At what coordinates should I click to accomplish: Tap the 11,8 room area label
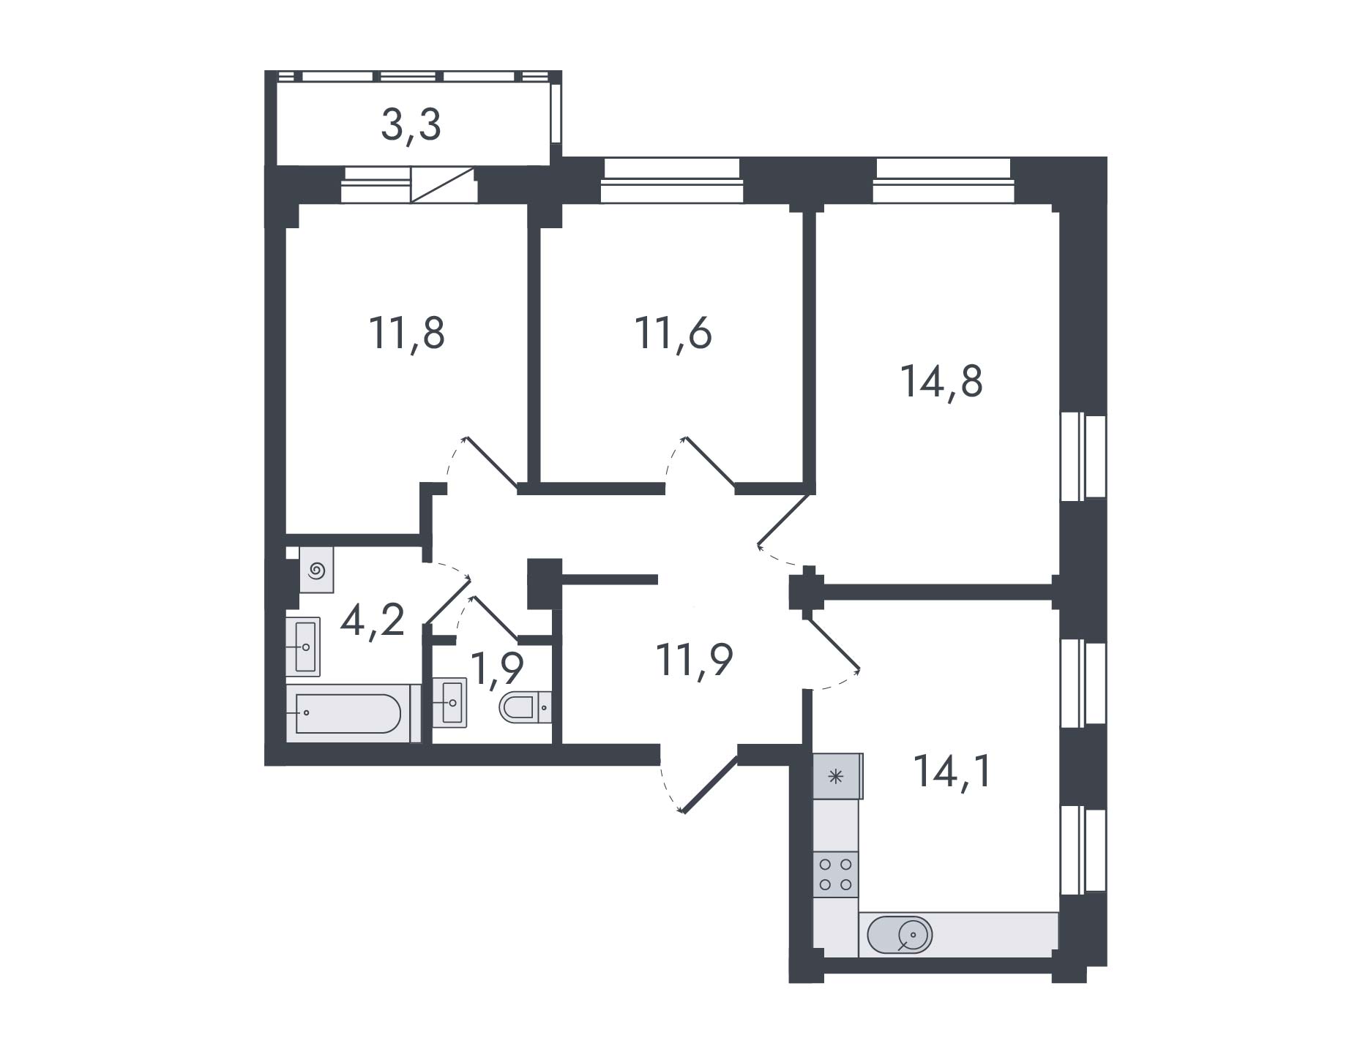coord(406,334)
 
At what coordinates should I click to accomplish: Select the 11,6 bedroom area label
coord(673,334)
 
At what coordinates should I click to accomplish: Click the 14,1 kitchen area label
coord(952,771)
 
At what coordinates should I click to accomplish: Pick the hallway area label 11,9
coord(695,660)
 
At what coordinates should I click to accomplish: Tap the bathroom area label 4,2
coord(373,621)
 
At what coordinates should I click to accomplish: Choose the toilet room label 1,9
coord(497,667)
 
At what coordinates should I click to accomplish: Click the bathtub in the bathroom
coord(348,713)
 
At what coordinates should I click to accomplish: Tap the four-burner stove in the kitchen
coord(835,873)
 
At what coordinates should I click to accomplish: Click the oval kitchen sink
coord(900,935)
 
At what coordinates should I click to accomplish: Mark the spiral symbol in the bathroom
coord(316,570)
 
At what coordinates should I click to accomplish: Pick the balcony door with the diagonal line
coord(443,185)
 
